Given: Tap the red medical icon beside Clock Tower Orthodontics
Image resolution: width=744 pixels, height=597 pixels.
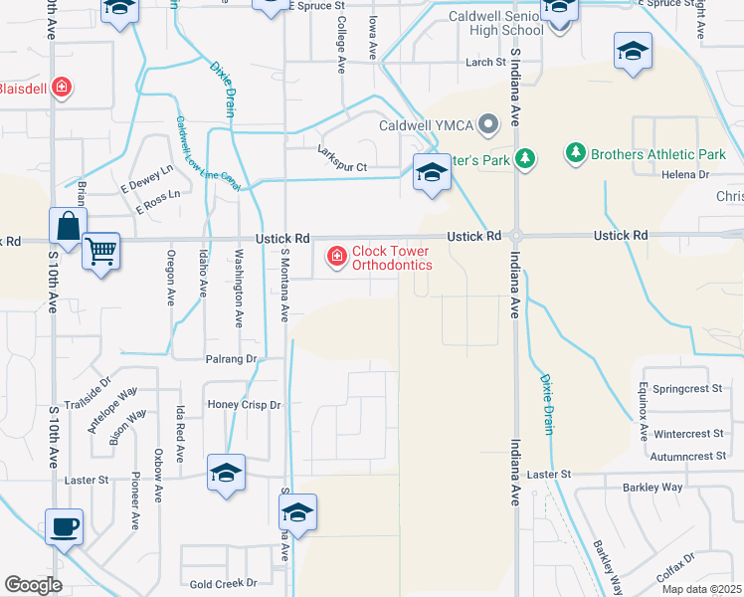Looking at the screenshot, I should point(336,258).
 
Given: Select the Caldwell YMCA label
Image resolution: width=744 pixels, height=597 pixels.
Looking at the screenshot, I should point(426,125).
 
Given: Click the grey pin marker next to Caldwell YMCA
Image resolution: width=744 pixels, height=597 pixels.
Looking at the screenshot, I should point(487,125).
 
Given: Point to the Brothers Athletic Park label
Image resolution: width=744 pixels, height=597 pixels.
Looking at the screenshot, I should point(657,154).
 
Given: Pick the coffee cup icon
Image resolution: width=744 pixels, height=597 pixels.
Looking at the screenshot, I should point(65,525).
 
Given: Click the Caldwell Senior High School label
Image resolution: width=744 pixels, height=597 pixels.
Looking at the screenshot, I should point(482,22).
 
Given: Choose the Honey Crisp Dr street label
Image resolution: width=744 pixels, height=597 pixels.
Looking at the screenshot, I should point(244,405).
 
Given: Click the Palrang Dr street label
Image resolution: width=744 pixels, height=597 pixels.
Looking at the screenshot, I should point(231,358).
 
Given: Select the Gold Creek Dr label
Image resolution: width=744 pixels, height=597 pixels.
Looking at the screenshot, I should point(223,583).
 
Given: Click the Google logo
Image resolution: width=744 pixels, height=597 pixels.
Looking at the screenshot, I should point(33,585).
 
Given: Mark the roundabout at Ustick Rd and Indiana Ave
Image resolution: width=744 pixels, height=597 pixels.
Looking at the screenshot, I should point(516,236).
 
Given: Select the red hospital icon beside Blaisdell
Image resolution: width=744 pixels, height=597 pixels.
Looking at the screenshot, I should point(62,88).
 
